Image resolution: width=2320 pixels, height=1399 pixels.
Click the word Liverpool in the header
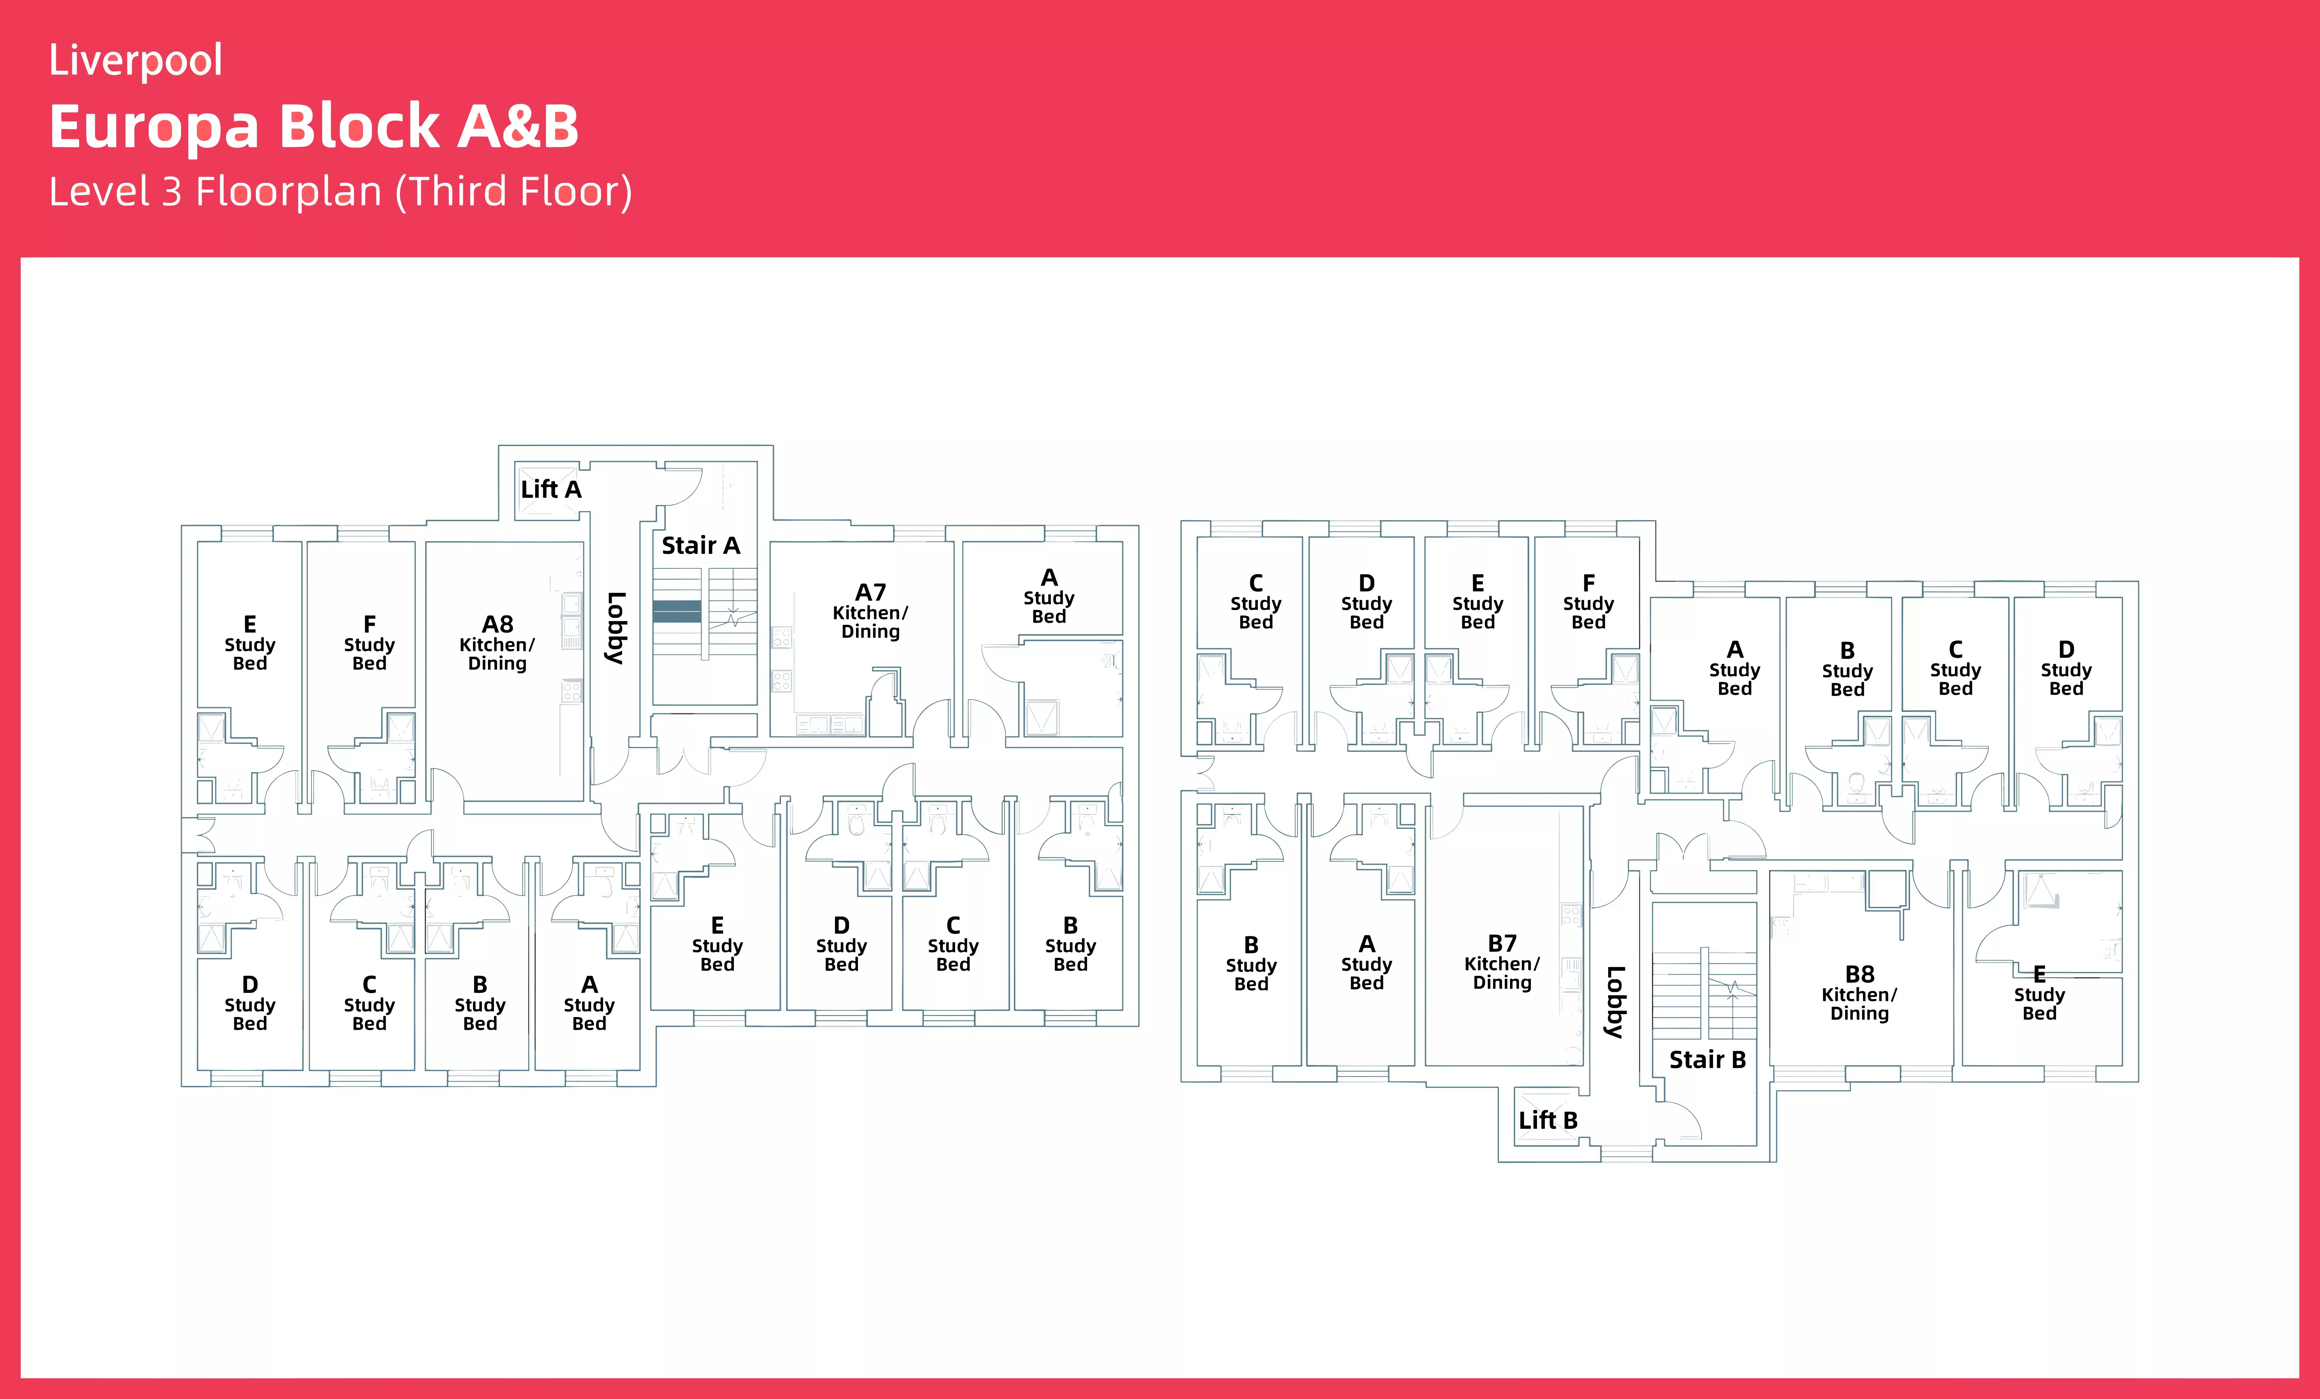click(136, 60)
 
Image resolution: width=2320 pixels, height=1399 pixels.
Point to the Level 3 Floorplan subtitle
click(340, 192)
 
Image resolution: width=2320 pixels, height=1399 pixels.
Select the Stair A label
click(700, 546)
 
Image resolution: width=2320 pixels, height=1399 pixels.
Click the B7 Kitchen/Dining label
click(1502, 962)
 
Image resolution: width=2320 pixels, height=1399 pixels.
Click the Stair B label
click(1707, 1060)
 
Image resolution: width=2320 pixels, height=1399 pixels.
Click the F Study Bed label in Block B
click(1588, 602)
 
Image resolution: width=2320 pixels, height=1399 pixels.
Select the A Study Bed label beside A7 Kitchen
click(1049, 597)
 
